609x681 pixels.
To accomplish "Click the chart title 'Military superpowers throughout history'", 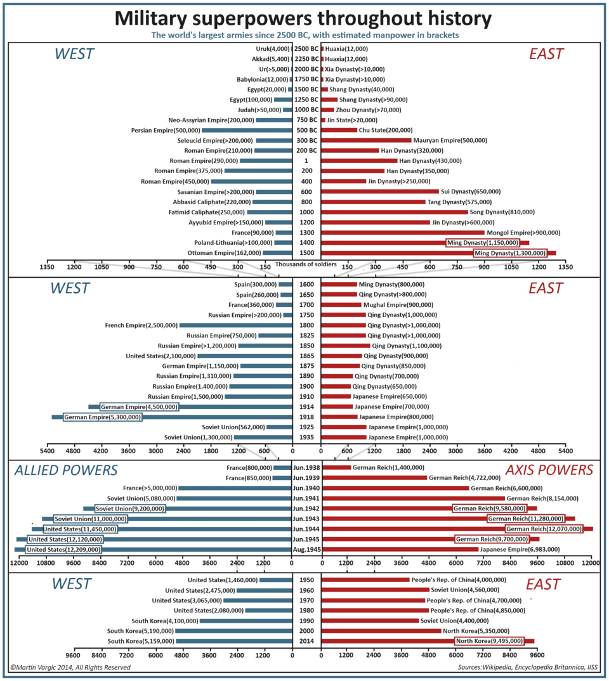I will pos(303,18).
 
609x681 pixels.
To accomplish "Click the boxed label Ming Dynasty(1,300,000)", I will pos(509,253).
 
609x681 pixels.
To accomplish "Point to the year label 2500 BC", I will pos(306,49).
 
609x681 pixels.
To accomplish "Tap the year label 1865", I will pos(306,356).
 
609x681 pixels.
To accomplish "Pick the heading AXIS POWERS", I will pos(549,470).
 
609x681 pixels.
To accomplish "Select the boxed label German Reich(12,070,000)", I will pos(543,529).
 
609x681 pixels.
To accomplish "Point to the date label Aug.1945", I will pos(306,549).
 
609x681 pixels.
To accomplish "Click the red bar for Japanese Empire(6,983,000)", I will pos(400,549).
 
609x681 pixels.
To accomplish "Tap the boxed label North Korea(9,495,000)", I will pos(488,641).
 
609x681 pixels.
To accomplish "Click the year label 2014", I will pos(306,641).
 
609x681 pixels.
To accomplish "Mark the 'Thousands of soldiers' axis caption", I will pos(306,264).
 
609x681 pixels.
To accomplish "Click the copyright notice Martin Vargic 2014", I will pos(70,667).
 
